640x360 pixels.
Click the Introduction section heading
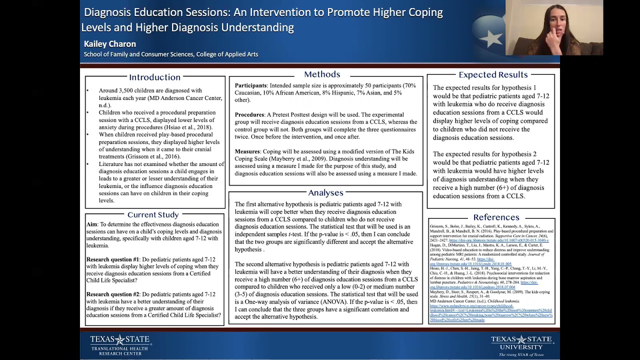pos(154,77)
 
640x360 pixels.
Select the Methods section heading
pos(322,74)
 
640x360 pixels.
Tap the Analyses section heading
pos(325,192)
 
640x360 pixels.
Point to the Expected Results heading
pos(493,74)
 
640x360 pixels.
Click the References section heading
pos(496,217)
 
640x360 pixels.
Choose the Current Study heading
pos(152,214)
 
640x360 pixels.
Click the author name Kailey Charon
pos(110,44)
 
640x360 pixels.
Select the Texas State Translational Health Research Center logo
pos(120,345)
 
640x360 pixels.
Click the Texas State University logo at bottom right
pos(521,345)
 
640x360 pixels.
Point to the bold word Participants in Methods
pos(250,85)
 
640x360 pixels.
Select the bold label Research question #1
pos(112,259)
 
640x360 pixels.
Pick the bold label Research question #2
pos(112,294)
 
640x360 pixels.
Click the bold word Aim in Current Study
pos(91,224)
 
